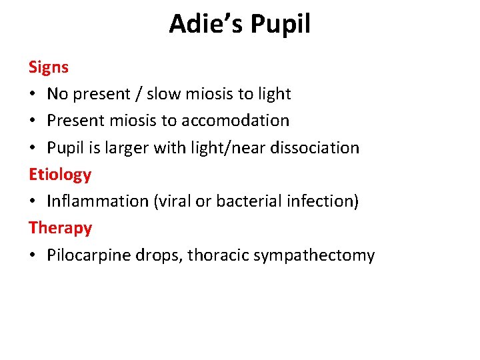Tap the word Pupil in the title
pyautogui.click(x=282, y=25)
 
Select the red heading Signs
pyautogui.click(x=49, y=67)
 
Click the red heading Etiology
pyautogui.click(x=60, y=175)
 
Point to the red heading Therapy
pyautogui.click(x=61, y=228)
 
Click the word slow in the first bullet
pyautogui.click(x=163, y=94)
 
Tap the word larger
pyautogui.click(x=135, y=148)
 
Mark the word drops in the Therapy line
pyautogui.click(x=160, y=255)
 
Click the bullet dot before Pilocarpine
pyautogui.click(x=33, y=255)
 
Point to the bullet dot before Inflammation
pyautogui.click(x=33, y=201)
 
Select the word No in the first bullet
pyautogui.click(x=57, y=94)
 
